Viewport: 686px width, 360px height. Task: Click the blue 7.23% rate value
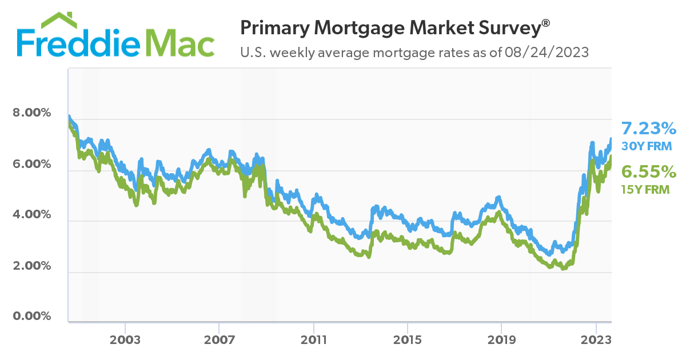tap(649, 128)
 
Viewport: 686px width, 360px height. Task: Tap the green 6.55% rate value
tap(649, 172)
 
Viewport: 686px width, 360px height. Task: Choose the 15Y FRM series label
tap(645, 190)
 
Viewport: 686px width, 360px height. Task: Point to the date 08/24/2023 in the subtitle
tap(547, 53)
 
